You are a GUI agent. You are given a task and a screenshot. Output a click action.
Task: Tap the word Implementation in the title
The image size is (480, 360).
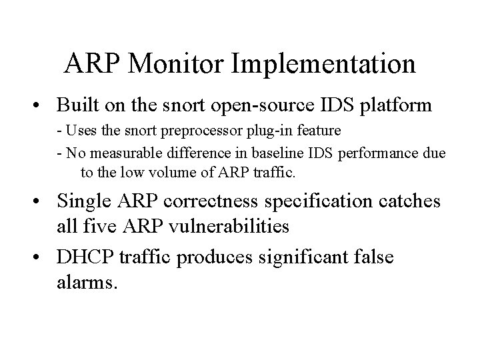325,63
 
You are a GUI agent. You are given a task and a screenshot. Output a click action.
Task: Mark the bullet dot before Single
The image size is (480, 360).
42,201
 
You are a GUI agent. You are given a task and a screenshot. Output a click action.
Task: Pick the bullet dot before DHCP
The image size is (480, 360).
42,257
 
